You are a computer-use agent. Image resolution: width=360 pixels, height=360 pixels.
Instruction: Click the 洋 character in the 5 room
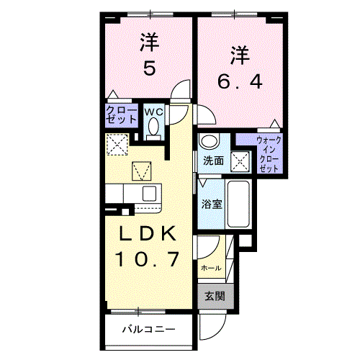[x=149, y=43]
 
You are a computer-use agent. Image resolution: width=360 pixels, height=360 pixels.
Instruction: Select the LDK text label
[x=148, y=234]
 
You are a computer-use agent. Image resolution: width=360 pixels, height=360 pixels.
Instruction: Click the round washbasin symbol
[x=208, y=141]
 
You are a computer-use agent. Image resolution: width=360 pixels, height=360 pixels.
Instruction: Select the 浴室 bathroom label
[x=211, y=204]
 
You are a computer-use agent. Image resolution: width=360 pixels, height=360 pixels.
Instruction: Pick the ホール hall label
[x=210, y=267]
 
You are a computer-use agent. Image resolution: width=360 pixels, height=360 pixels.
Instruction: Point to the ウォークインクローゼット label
[x=269, y=153]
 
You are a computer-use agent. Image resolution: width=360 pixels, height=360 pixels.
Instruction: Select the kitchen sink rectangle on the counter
[x=148, y=193]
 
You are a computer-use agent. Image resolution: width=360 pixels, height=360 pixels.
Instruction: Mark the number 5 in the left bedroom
[x=148, y=70]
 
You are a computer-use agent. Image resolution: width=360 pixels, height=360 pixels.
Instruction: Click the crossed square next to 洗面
[x=240, y=161]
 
